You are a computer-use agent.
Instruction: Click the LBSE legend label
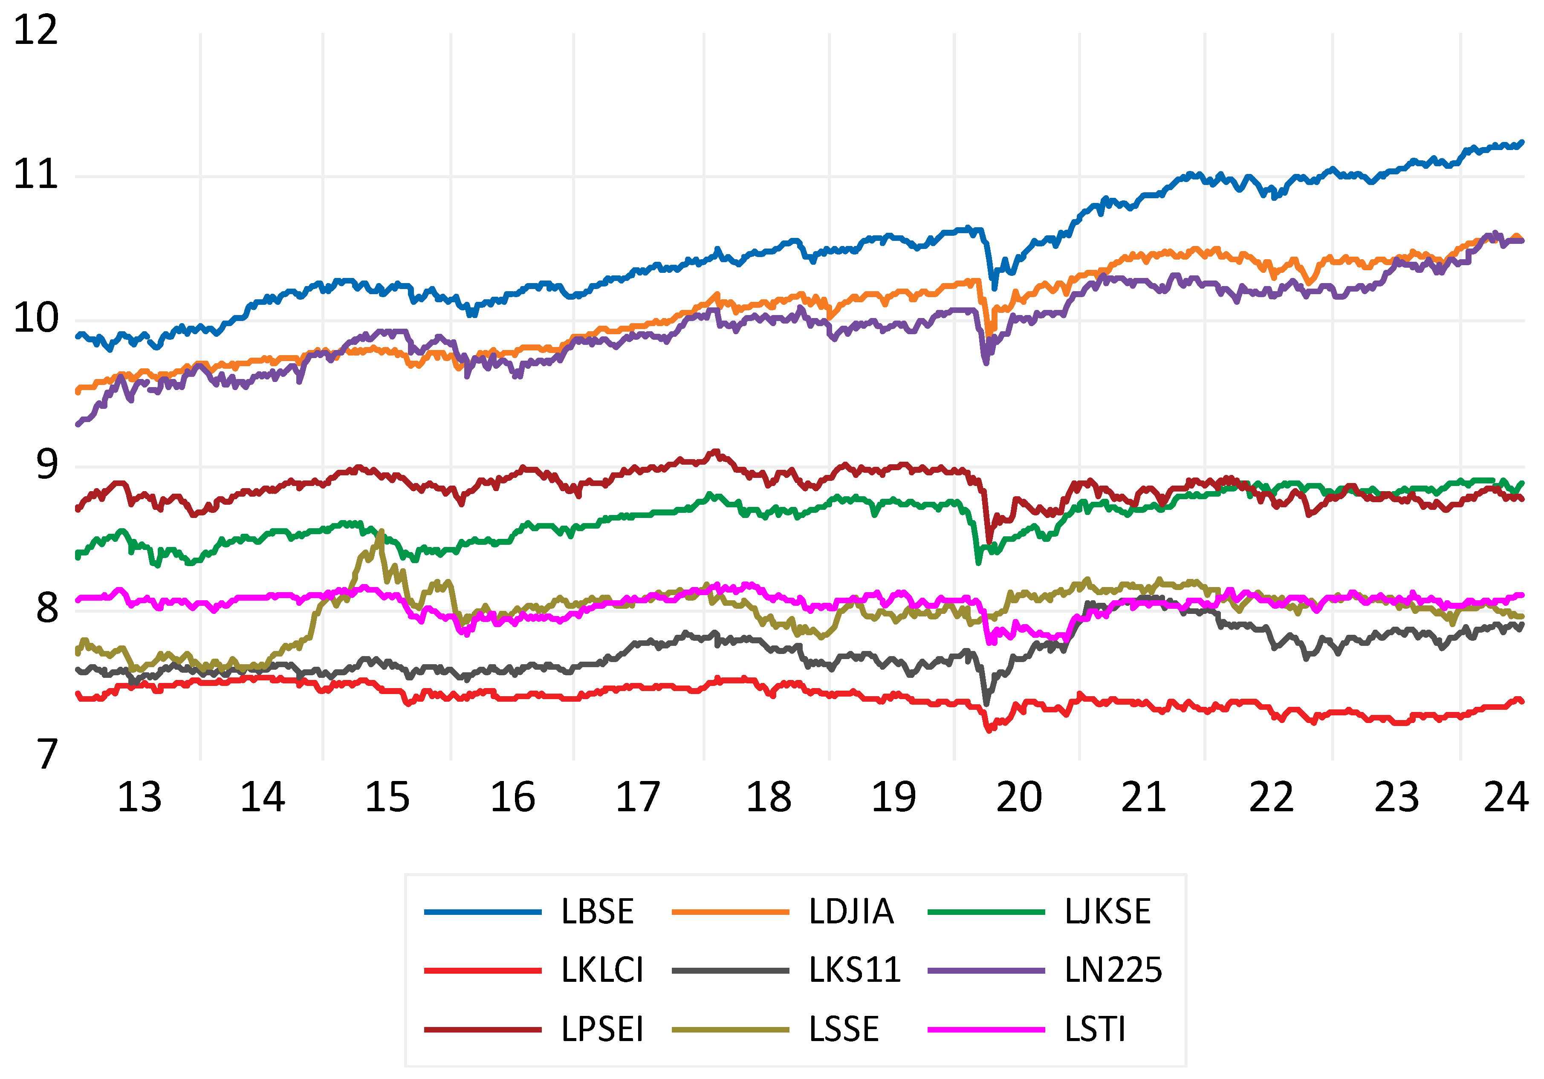click(597, 912)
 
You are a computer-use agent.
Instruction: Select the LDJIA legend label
click(851, 912)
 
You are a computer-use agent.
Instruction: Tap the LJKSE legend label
click(1107, 912)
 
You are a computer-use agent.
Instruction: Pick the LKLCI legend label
click(602, 971)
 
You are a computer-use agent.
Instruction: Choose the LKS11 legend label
click(854, 971)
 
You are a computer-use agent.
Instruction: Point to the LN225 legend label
click(1113, 971)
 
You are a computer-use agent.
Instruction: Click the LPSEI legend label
click(602, 1029)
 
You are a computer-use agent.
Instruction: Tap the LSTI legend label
click(1095, 1029)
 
